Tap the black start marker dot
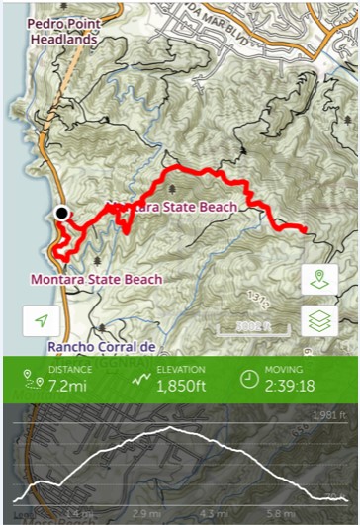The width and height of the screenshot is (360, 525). [62, 212]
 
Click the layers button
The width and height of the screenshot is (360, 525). [318, 320]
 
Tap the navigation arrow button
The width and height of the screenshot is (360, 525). [41, 320]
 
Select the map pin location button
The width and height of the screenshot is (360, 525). [318, 278]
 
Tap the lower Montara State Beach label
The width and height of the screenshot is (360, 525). [96, 280]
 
